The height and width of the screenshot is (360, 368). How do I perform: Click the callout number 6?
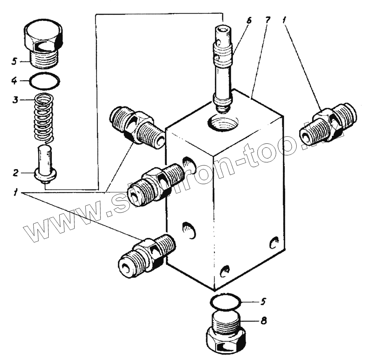pos(249,21)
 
